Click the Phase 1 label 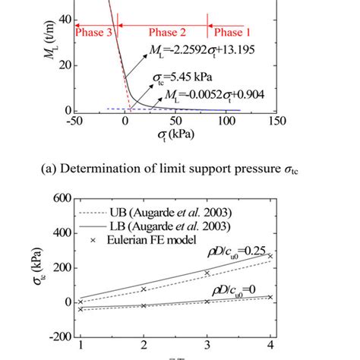(x=233, y=32)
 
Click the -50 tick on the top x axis (x=74, y=122)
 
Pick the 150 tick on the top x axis (x=277, y=122)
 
